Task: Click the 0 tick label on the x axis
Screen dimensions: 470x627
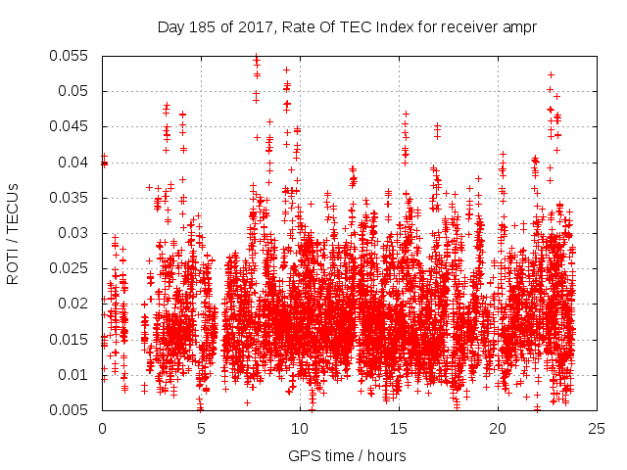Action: pyautogui.click(x=103, y=428)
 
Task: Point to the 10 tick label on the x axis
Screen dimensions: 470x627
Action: pyautogui.click(x=300, y=428)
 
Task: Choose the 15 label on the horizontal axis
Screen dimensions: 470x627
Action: pyautogui.click(x=399, y=428)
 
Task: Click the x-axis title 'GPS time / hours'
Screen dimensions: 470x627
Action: pyautogui.click(x=348, y=455)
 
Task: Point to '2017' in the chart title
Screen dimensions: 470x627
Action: pyautogui.click(x=255, y=26)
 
